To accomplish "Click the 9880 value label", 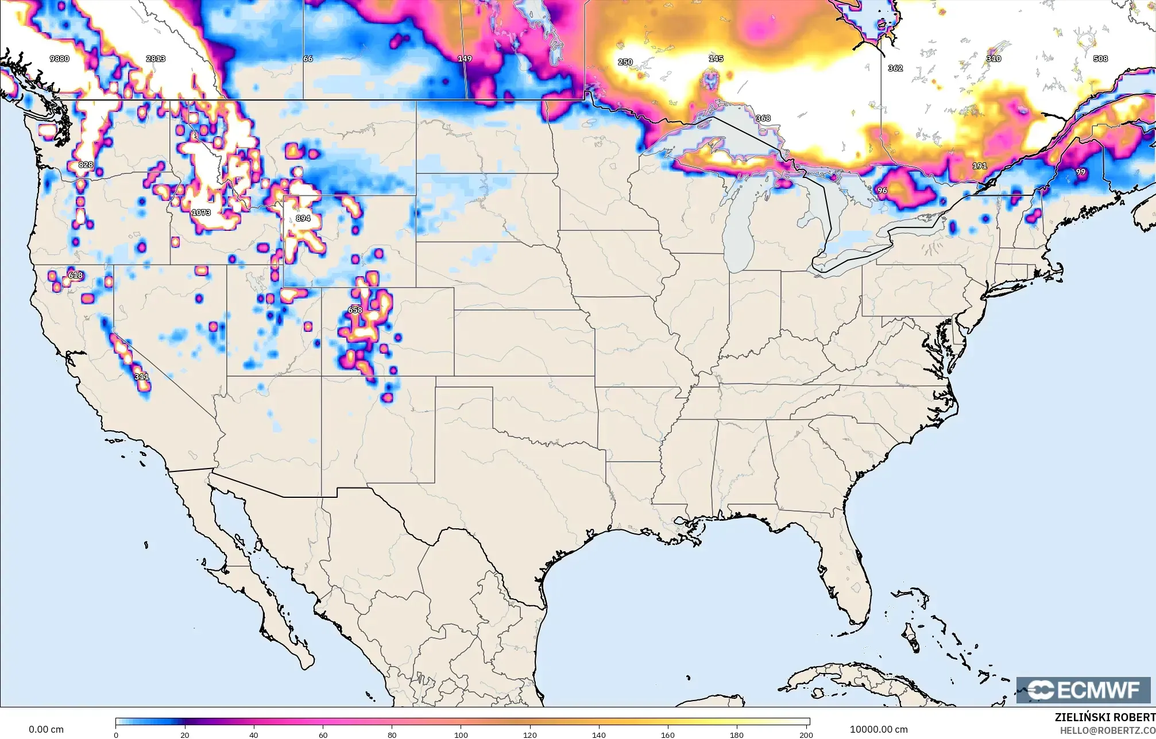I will coord(59,59).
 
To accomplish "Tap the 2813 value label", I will coord(156,59).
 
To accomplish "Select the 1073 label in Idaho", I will coord(201,212).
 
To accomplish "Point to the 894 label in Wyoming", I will coord(303,218).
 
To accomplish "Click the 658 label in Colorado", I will coord(355,310).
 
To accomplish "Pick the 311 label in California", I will coord(141,377).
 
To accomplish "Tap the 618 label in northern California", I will coord(75,275).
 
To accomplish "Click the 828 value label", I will coord(86,165).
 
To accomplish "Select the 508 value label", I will coord(1100,59).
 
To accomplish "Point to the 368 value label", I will coord(763,118).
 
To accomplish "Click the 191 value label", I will coord(979,166).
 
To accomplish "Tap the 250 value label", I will coord(625,62).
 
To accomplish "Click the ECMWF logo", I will coord(1083,690).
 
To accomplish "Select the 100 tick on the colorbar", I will coord(461,734).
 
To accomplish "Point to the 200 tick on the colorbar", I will coord(806,734).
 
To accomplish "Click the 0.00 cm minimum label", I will coord(46,729).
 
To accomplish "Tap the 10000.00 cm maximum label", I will coord(879,729).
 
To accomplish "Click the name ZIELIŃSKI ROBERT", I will coord(1104,717).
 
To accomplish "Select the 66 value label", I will coord(308,59).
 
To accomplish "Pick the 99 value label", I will coord(1081,172).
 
